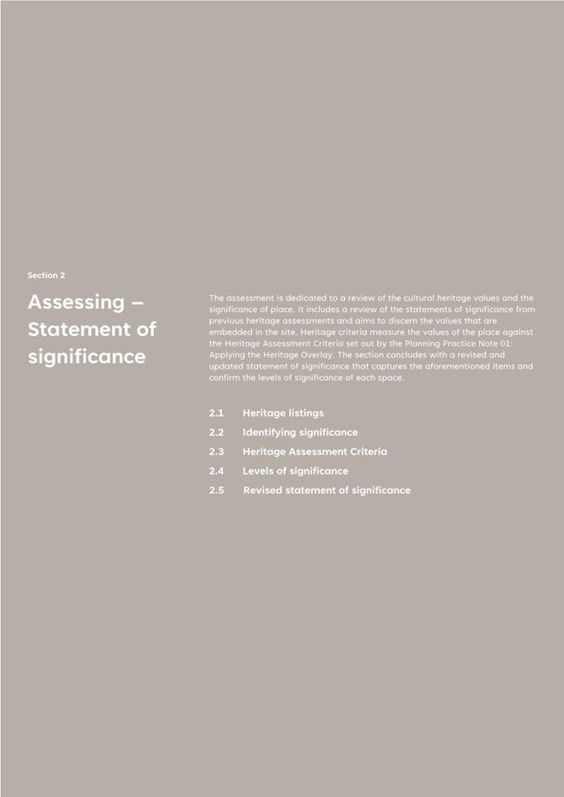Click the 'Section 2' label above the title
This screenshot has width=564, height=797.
pyautogui.click(x=46, y=276)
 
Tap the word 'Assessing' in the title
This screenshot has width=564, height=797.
pyautogui.click(x=76, y=302)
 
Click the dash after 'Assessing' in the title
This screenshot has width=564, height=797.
pyautogui.click(x=137, y=302)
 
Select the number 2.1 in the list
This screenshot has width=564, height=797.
pyautogui.click(x=217, y=413)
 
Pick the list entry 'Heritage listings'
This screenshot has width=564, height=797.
pyautogui.click(x=283, y=413)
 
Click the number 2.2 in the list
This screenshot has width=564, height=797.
pyautogui.click(x=217, y=432)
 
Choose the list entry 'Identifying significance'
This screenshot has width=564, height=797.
pyautogui.click(x=300, y=432)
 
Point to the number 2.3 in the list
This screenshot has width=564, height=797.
pyautogui.click(x=217, y=452)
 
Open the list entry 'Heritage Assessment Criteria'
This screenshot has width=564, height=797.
pyautogui.click(x=314, y=452)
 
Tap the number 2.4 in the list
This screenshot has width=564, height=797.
pyautogui.click(x=217, y=471)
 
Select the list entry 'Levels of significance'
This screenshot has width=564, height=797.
pyautogui.click(x=295, y=471)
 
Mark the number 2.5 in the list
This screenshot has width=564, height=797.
pyautogui.click(x=217, y=490)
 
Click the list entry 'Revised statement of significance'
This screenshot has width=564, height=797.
pyautogui.click(x=326, y=490)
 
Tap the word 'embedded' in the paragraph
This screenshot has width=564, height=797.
pyautogui.click(x=232, y=332)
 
